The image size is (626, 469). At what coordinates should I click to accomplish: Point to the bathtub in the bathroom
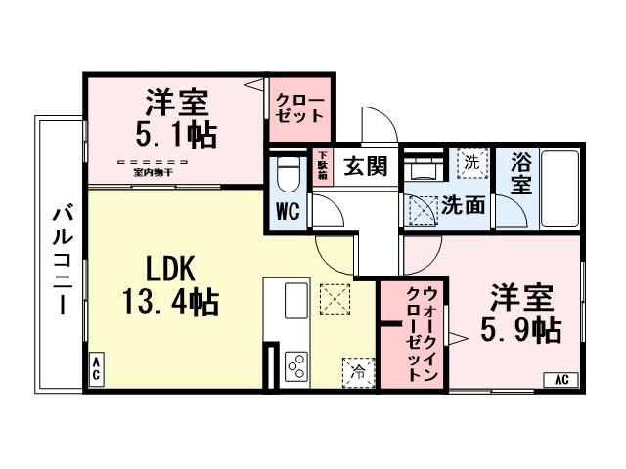point(560,188)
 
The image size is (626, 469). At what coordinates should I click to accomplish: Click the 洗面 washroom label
point(462,205)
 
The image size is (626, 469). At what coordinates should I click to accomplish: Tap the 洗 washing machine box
point(471,161)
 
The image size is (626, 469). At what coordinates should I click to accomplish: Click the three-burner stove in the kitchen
point(295,366)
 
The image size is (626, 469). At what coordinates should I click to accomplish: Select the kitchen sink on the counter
point(294,301)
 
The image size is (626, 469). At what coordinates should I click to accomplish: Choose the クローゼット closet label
point(298,107)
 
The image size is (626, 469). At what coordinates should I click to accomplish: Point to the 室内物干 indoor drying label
point(152,172)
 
